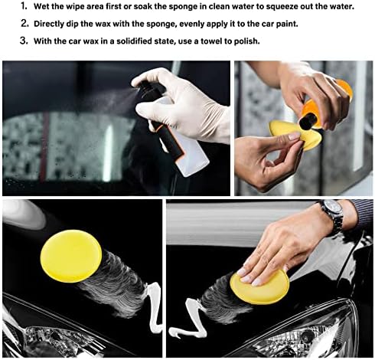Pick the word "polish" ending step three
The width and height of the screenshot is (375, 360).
click(x=245, y=40)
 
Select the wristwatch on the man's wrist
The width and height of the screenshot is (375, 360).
click(x=331, y=214)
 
